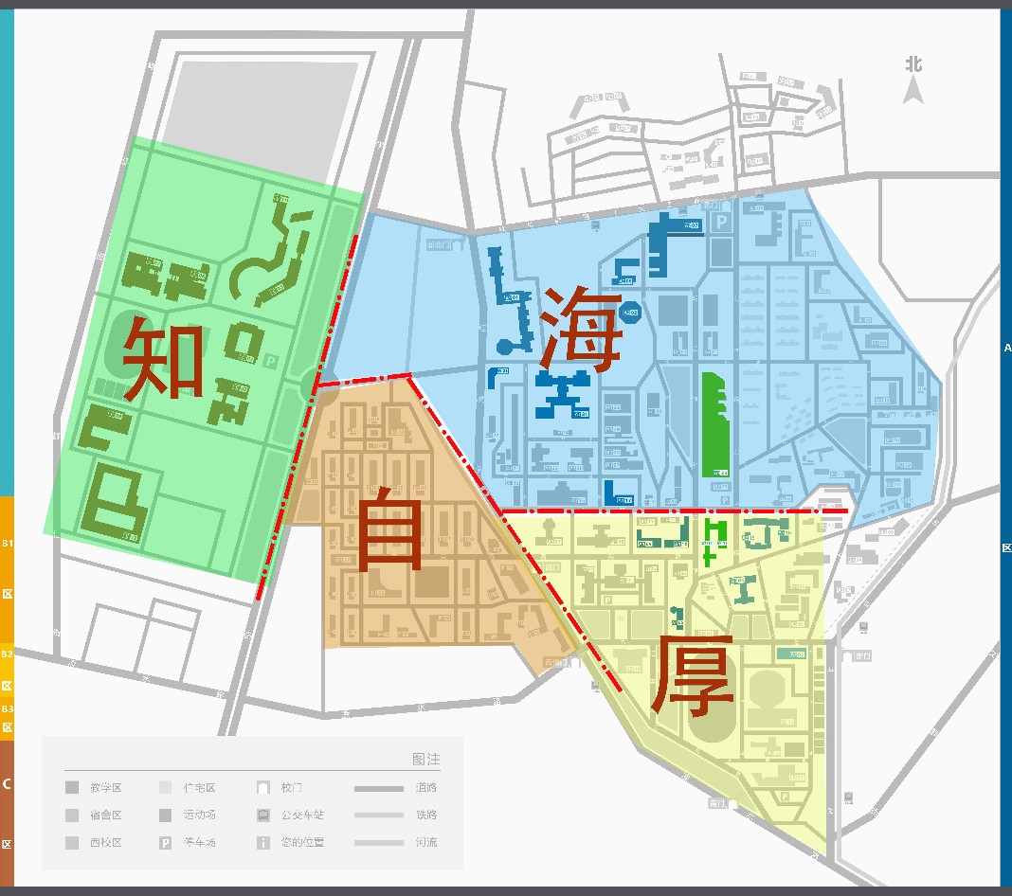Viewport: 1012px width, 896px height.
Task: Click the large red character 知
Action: coord(164,358)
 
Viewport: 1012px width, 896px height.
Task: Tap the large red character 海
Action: coord(582,329)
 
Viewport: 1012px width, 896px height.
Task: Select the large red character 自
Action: coord(389,528)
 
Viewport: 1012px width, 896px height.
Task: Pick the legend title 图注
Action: coord(426,759)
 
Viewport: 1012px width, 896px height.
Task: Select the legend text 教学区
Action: coord(106,787)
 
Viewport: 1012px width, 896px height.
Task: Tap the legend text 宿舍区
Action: coord(106,815)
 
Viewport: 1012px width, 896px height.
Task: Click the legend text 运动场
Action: coord(200,815)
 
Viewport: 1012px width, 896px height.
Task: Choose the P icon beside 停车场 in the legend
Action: coord(165,842)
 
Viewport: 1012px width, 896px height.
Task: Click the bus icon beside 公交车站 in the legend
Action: coord(263,815)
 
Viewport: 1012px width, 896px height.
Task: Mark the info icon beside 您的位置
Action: coord(263,842)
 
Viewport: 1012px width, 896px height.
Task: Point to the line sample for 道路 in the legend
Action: coord(378,788)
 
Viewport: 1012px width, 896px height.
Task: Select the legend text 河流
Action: coord(426,842)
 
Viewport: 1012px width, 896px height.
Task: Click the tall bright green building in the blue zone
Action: coord(715,423)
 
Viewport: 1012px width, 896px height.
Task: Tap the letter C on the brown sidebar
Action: coord(7,783)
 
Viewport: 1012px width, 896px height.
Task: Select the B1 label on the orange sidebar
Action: coord(7,543)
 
